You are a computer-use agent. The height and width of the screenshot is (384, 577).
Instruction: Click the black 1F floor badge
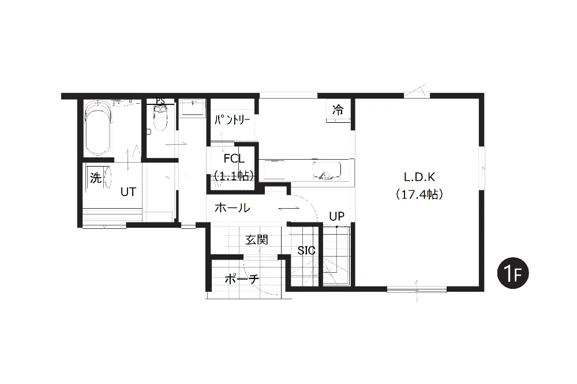512,273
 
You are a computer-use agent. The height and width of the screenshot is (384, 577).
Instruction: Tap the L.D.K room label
419,177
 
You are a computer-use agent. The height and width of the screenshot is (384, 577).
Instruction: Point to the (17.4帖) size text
419,194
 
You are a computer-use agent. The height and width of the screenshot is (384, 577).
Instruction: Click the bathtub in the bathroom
98,128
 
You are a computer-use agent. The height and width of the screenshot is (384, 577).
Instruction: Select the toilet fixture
160,118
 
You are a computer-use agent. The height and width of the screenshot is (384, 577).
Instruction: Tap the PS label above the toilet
160,101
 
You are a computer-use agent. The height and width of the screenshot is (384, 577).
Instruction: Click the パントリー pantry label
232,120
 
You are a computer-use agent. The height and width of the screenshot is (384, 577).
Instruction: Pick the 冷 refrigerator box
338,110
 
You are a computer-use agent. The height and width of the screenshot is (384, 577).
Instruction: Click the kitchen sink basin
327,170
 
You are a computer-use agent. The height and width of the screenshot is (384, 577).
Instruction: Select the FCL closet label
234,159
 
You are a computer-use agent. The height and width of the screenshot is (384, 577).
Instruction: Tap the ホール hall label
232,208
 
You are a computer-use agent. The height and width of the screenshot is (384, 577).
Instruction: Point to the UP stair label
337,216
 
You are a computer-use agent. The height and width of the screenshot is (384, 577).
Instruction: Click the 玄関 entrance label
257,240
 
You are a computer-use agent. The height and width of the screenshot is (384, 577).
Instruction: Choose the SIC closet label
306,250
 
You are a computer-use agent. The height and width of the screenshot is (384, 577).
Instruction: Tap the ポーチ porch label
242,279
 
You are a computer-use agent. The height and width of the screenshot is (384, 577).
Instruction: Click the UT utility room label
129,191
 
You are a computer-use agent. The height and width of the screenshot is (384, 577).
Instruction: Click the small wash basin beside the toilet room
192,108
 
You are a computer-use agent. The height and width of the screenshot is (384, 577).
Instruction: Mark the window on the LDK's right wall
482,168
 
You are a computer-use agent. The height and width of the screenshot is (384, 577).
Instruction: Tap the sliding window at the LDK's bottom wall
417,289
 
